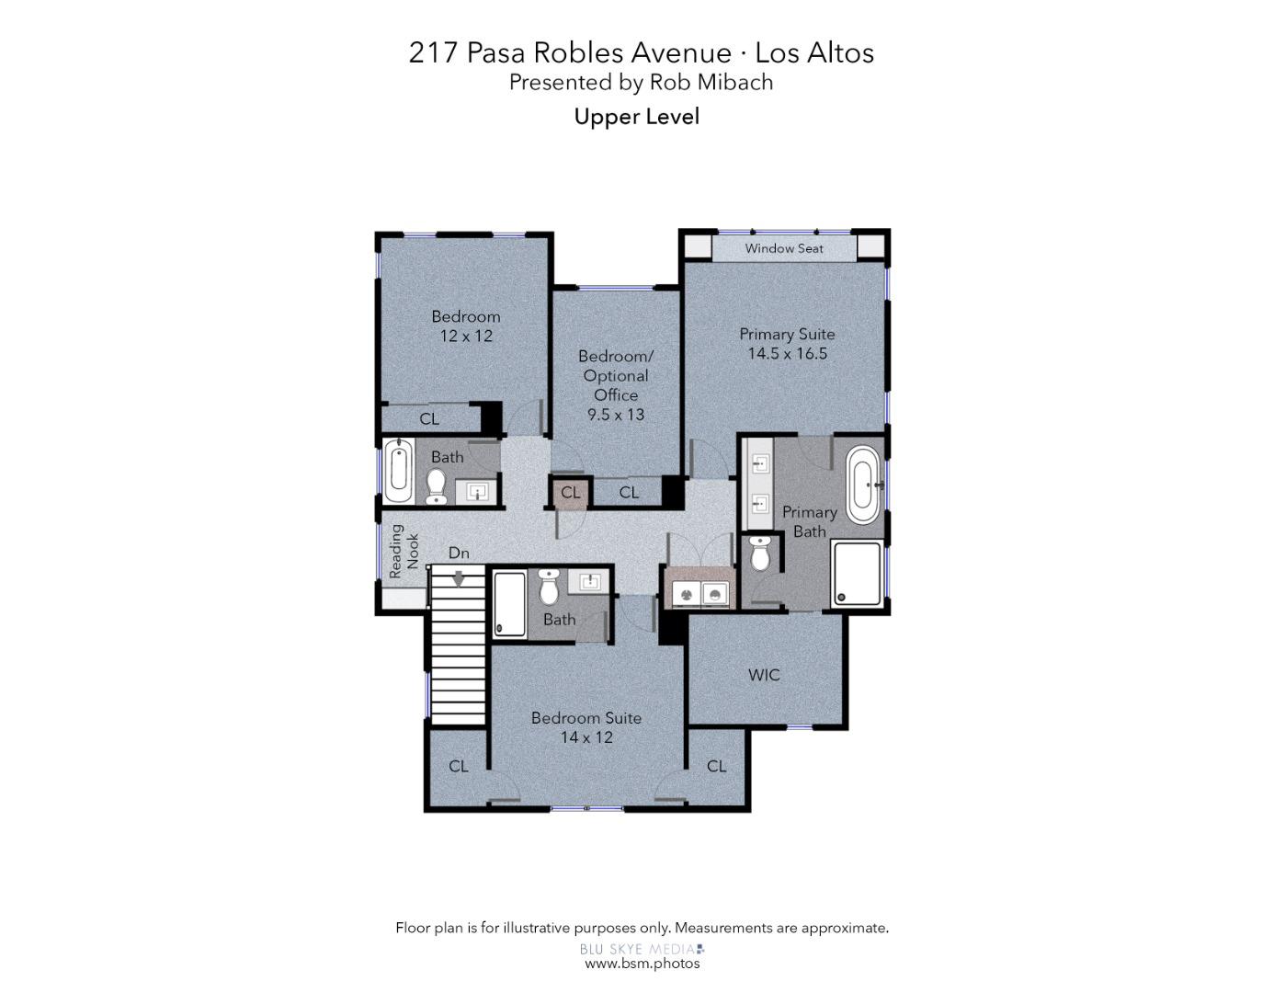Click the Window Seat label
(783, 248)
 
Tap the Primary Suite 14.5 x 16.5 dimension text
(787, 354)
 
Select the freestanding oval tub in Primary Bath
(863, 485)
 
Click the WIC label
(764, 675)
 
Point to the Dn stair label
(459, 553)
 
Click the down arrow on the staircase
(459, 578)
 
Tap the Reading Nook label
(404, 551)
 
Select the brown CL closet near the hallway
(570, 492)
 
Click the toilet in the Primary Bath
(759, 553)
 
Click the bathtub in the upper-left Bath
(399, 472)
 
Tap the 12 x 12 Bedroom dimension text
(466, 336)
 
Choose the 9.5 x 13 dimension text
(616, 415)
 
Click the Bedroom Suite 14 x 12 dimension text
(586, 737)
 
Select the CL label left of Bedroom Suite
(459, 767)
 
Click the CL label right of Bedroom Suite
(716, 767)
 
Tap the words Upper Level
(637, 117)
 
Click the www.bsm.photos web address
(642, 964)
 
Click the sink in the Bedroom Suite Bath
(589, 582)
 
